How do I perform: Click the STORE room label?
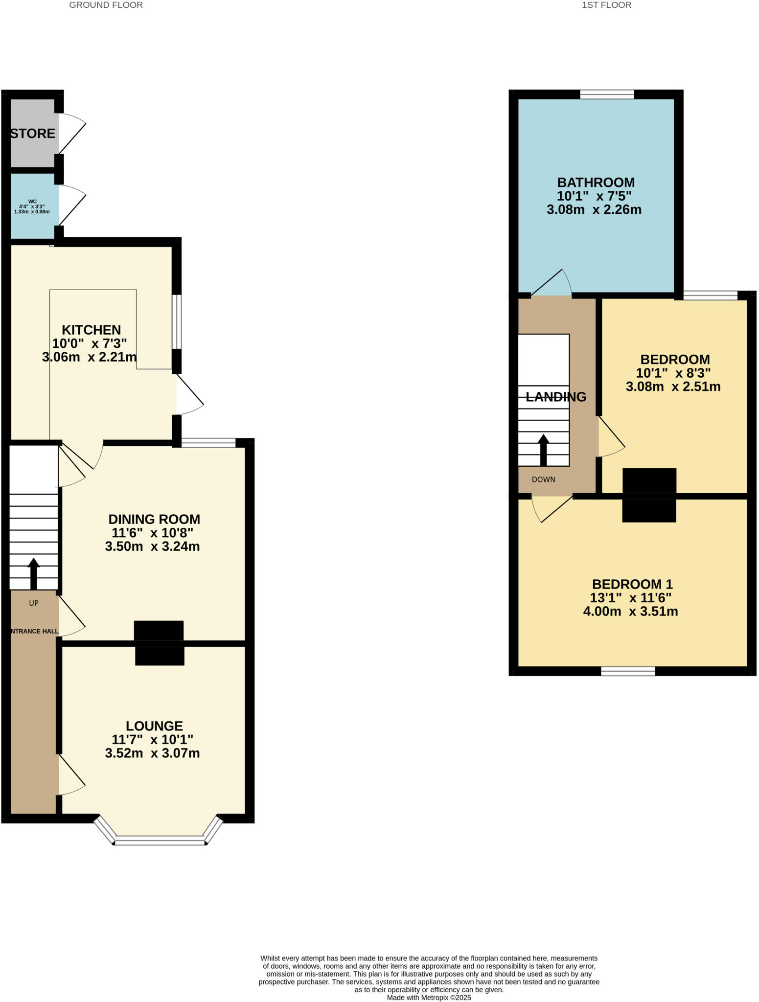pos(33,134)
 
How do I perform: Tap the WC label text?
pos(32,201)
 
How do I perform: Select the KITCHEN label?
pos(91,330)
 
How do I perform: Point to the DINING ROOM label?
pos(154,519)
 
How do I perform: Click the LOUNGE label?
pos(154,726)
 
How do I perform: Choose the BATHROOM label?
pos(596,182)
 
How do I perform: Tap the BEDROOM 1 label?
pos(632,584)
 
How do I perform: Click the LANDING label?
pos(556,397)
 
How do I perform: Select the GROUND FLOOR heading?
pos(106,5)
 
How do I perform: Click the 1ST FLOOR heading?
pos(606,5)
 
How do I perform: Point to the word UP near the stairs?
pos(34,603)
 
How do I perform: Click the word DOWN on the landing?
pos(543,479)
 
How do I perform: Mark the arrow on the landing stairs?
pos(544,449)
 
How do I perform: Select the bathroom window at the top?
pos(607,94)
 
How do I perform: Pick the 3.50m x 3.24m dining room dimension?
pos(152,547)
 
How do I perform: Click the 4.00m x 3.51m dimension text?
pos(630,612)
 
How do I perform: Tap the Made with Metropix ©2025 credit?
pos(429,997)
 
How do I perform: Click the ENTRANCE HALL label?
pos(34,631)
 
